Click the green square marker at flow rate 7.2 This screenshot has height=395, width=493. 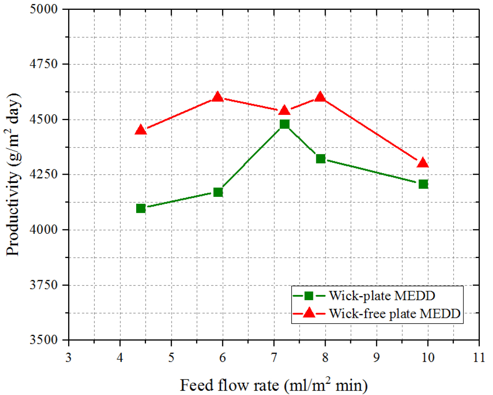[284, 124]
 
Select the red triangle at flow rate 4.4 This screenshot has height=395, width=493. [141, 130]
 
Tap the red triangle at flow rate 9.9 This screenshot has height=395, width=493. [423, 163]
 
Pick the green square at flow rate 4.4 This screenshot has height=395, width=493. [141, 208]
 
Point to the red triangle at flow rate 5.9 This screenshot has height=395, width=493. [218, 97]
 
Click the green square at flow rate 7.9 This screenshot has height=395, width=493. [320, 158]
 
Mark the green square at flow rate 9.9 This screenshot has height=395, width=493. [423, 184]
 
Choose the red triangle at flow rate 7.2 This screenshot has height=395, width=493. [284, 110]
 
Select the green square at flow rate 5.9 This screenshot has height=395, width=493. [218, 192]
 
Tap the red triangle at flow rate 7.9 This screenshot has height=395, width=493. [320, 97]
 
